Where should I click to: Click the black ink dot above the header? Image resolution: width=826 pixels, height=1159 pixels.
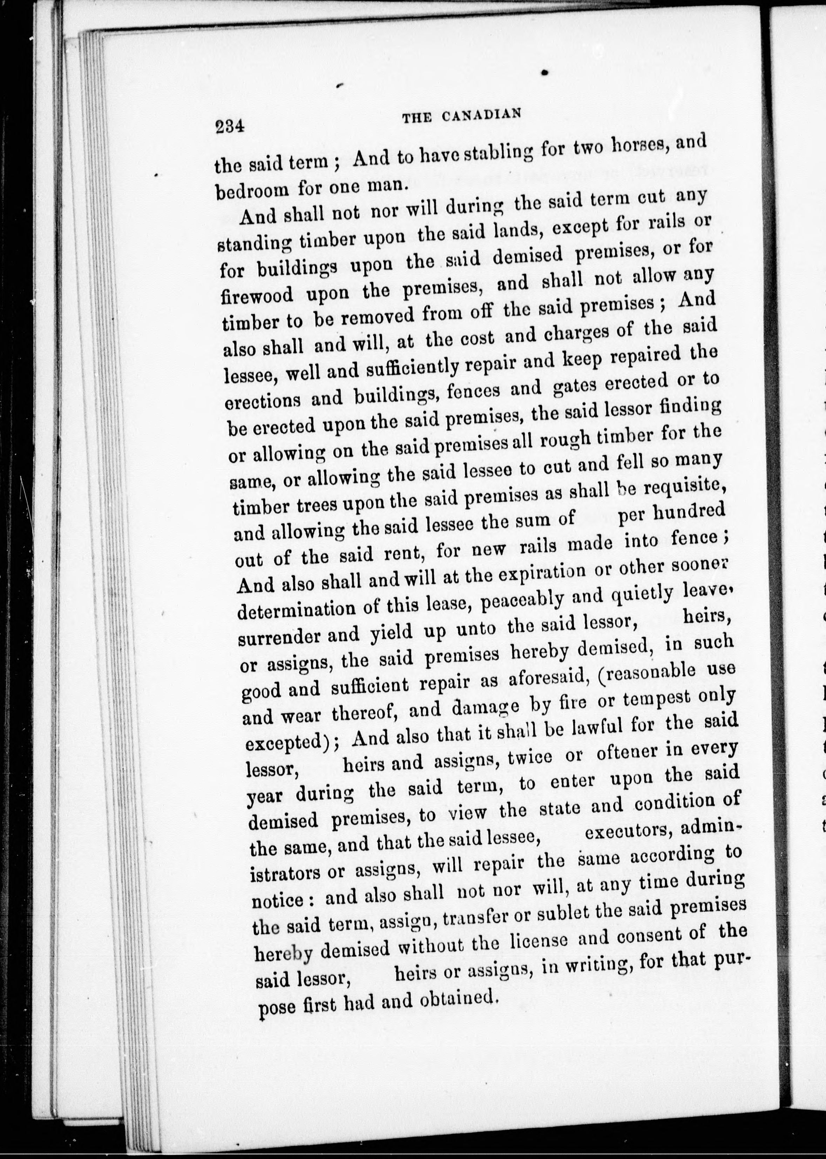pyautogui.click(x=545, y=73)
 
